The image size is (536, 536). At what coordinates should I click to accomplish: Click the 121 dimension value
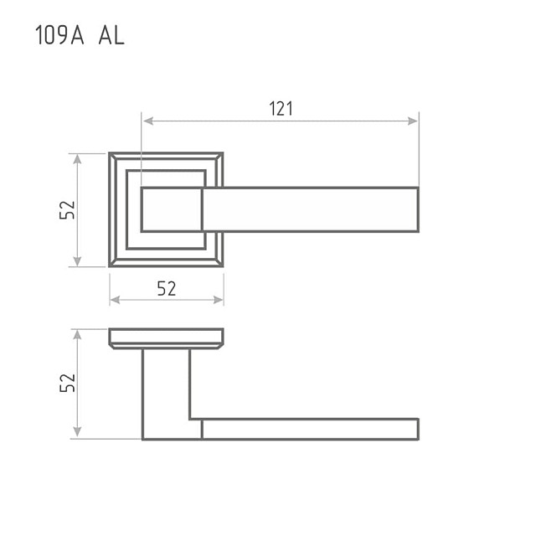click(x=281, y=109)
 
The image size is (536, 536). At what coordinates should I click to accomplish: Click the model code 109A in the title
click(x=59, y=35)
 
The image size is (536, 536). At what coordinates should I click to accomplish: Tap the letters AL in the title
click(x=111, y=35)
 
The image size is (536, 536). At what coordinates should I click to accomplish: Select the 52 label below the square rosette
click(x=167, y=288)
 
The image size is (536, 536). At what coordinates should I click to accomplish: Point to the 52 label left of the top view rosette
click(x=67, y=210)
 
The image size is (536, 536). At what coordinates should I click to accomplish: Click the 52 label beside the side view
click(x=67, y=383)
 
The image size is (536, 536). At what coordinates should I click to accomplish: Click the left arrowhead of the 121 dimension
click(x=148, y=121)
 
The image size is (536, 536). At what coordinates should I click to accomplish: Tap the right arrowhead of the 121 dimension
click(x=413, y=121)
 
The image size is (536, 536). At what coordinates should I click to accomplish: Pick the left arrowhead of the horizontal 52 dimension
click(x=116, y=300)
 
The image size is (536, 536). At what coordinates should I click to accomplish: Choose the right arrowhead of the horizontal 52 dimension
click(x=218, y=300)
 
